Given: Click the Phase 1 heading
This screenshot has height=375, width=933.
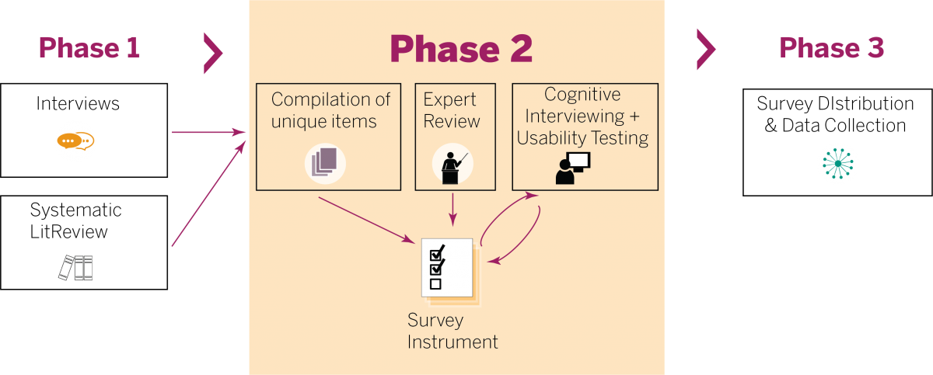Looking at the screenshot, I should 89,48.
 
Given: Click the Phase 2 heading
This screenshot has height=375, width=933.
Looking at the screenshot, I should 461,49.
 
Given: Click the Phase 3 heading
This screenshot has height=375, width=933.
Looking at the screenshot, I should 831,48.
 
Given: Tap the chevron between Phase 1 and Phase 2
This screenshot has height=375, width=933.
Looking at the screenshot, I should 212,53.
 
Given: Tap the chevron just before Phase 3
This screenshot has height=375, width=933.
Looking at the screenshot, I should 705,50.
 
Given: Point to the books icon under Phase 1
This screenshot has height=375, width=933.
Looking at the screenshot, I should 76,268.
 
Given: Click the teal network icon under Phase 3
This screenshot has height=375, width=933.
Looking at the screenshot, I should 837,163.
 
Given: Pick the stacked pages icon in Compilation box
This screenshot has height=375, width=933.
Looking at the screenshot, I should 324,163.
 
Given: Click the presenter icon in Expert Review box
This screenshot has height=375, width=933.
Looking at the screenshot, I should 453,165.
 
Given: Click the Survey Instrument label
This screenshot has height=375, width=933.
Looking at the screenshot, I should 452,332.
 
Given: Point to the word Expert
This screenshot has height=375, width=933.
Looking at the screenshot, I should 449,99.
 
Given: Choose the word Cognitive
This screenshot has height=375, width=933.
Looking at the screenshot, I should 582,95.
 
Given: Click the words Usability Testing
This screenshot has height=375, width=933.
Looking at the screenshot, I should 582,138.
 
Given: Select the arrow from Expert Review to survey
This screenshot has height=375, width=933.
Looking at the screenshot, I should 453,210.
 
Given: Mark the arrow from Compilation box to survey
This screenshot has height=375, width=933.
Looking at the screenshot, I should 365,220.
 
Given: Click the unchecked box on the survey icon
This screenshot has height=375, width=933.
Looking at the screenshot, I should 435,284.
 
